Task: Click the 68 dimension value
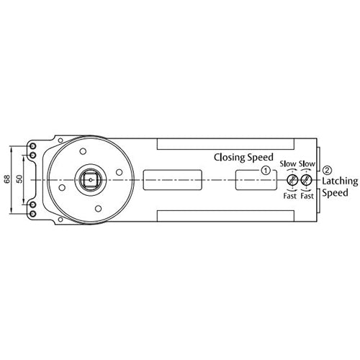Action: tap(7, 179)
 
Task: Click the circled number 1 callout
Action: tap(266, 171)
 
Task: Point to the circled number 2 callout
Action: tap(328, 170)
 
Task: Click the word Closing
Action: tap(230, 156)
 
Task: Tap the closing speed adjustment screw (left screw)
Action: tap(292, 179)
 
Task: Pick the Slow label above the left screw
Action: tap(288, 163)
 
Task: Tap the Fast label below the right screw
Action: tap(307, 196)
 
